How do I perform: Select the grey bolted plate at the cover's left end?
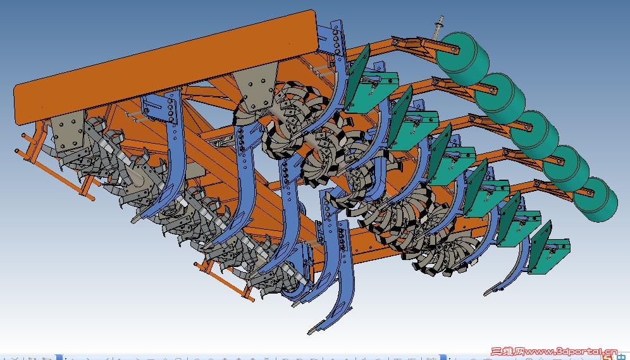click(68, 132)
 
